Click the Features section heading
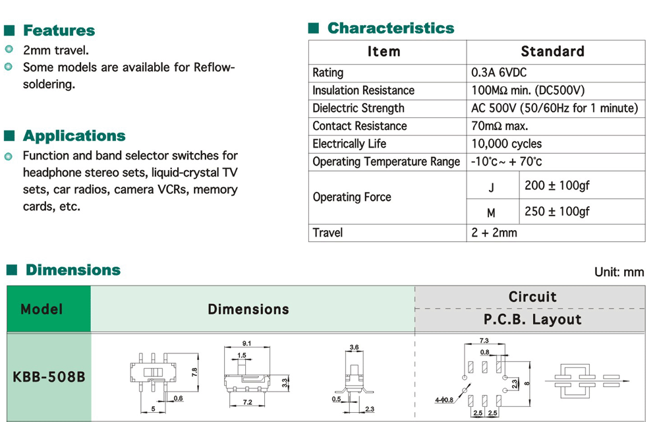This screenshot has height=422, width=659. [59, 30]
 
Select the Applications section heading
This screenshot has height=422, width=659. [74, 136]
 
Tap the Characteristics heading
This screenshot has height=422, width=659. [390, 28]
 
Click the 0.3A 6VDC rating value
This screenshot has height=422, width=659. [499, 73]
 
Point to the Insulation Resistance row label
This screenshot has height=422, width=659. [363, 90]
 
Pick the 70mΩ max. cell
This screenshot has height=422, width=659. [500, 126]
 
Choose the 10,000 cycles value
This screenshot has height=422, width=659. [506, 144]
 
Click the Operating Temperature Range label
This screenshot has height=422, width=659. [386, 162]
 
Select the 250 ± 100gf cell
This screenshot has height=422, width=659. [557, 212]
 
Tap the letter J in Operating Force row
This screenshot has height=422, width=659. [491, 188]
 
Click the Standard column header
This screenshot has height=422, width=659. [552, 51]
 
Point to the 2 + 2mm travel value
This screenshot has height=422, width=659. [494, 233]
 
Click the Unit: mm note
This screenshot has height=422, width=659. [619, 272]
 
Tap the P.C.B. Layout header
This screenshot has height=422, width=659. [532, 320]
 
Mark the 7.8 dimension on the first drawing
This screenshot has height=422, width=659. [195, 372]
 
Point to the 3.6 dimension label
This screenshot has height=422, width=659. [354, 347]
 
